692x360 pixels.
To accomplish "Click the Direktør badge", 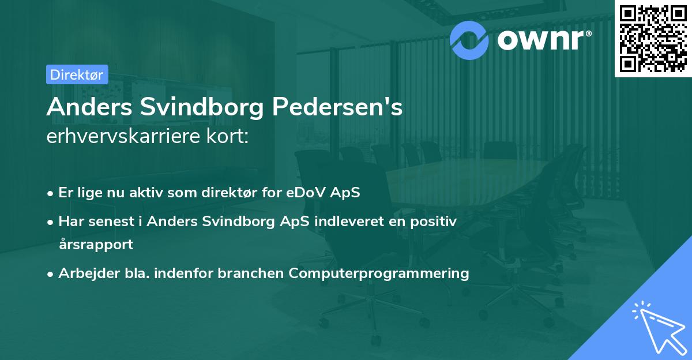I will point(77,74).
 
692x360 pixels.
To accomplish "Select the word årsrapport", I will point(96,245).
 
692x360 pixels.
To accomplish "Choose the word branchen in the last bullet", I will point(251,273).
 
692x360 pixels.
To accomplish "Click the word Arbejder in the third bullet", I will point(84,273).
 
